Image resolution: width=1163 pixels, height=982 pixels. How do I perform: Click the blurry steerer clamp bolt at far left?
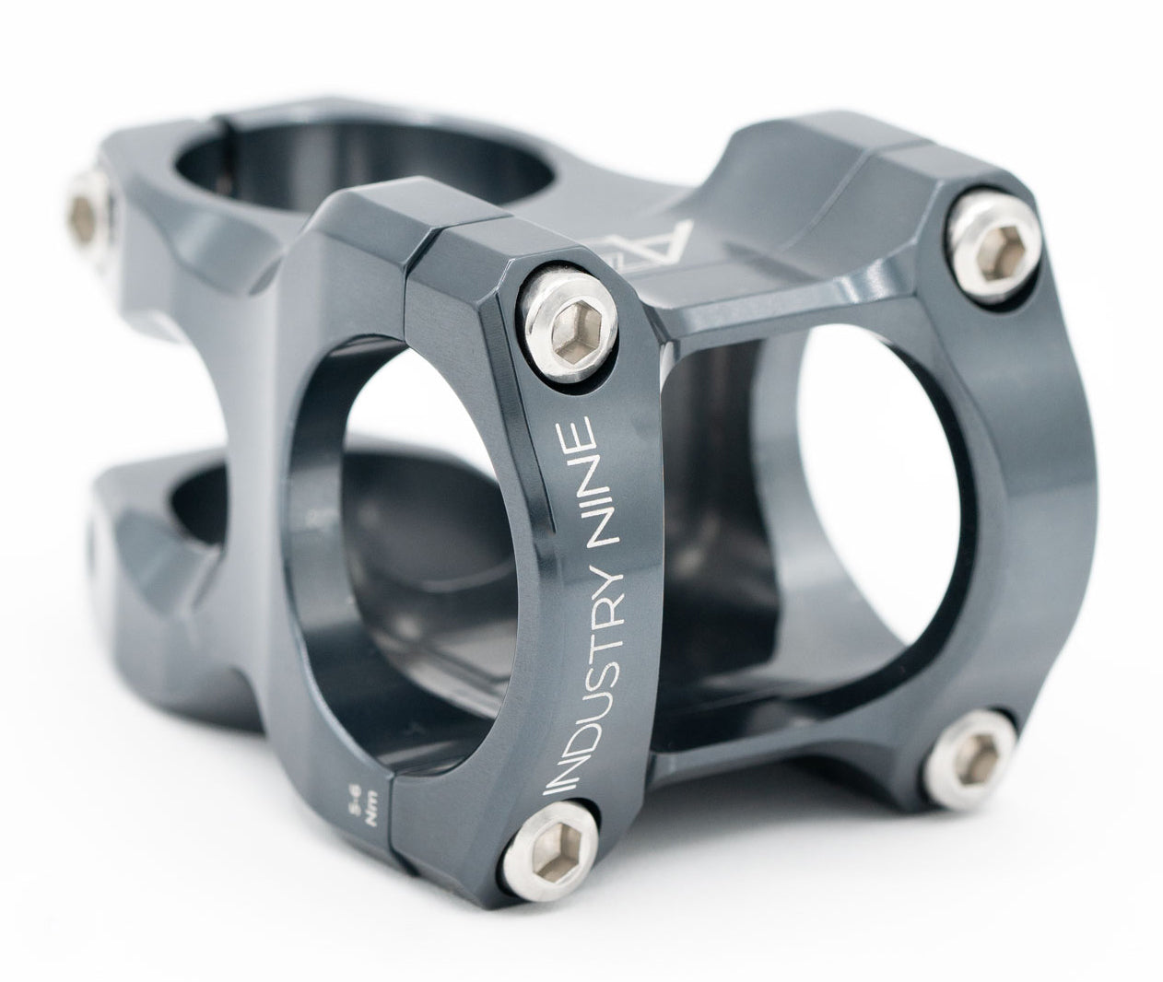coord(89,216)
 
